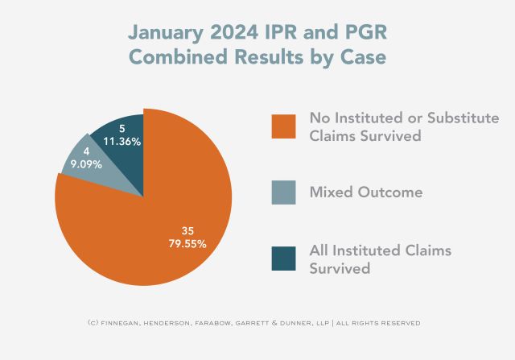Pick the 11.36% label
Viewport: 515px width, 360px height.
pyautogui.click(x=121, y=141)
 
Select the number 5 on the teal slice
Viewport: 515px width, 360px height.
pyautogui.click(x=122, y=128)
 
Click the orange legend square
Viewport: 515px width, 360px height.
pyautogui.click(x=282, y=126)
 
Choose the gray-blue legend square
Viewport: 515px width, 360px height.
pyautogui.click(x=282, y=192)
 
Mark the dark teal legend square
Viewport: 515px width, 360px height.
pyautogui.click(x=282, y=259)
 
